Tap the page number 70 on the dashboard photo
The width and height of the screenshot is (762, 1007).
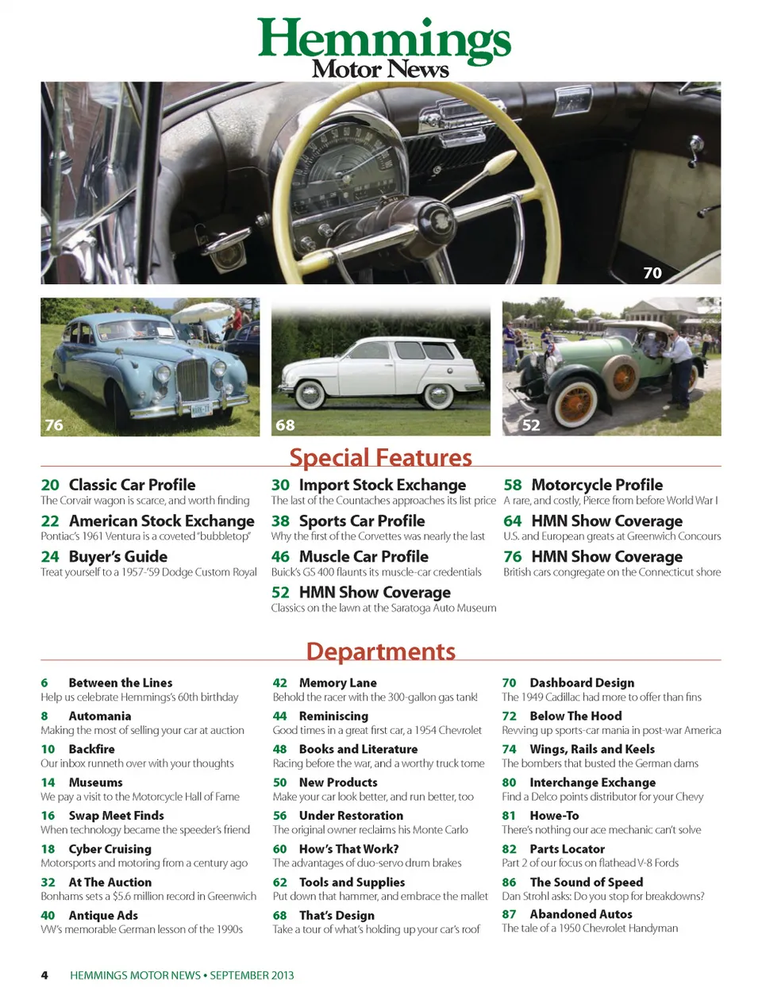pyautogui.click(x=652, y=273)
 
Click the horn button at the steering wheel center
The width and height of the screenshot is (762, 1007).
pyautogui.click(x=432, y=217)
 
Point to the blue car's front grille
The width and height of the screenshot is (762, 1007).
pyautogui.click(x=192, y=379)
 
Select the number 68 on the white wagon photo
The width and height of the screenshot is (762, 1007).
pyautogui.click(x=285, y=425)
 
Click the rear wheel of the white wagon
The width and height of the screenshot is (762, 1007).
pyautogui.click(x=437, y=394)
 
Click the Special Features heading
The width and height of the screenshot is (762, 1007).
pyautogui.click(x=380, y=458)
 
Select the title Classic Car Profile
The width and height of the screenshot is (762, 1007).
pyautogui.click(x=132, y=485)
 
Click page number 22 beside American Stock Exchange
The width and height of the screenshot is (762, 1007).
pyautogui.click(x=50, y=521)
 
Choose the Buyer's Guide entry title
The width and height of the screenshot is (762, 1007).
pyautogui.click(x=117, y=557)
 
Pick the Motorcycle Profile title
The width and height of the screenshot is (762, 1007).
pyautogui.click(x=597, y=485)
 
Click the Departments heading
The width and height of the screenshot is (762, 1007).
pyautogui.click(x=381, y=651)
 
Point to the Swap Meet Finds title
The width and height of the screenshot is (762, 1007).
pyautogui.click(x=116, y=816)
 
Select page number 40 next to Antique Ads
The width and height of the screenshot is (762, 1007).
pyautogui.click(x=48, y=916)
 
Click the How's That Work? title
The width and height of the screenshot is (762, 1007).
pyautogui.click(x=348, y=849)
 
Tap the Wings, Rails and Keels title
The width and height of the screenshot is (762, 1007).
pyautogui.click(x=592, y=749)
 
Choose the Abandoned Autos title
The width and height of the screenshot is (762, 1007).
pyautogui.click(x=581, y=914)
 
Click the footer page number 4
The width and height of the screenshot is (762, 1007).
pyautogui.click(x=44, y=975)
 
